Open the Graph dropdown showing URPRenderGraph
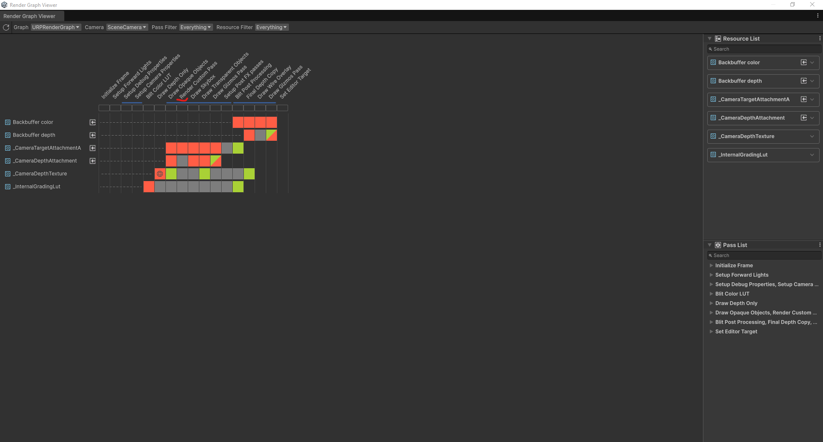coord(56,27)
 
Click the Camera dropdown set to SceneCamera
coord(127,27)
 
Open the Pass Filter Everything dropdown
coord(196,27)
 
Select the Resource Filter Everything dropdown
coord(272,27)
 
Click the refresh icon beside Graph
coord(6,27)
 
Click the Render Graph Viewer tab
coord(30,16)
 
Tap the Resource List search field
coord(765,49)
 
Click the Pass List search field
coord(765,256)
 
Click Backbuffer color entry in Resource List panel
coord(739,63)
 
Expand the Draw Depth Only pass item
coord(712,303)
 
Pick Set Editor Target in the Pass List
coord(736,332)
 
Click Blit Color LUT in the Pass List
coord(732,294)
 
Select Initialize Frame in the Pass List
coord(734,266)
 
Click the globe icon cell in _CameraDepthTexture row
coord(160,174)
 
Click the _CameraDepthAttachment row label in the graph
coord(45,161)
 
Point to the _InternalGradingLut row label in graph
coord(37,187)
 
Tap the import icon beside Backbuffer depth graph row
coord(93,135)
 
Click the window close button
coord(812,5)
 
